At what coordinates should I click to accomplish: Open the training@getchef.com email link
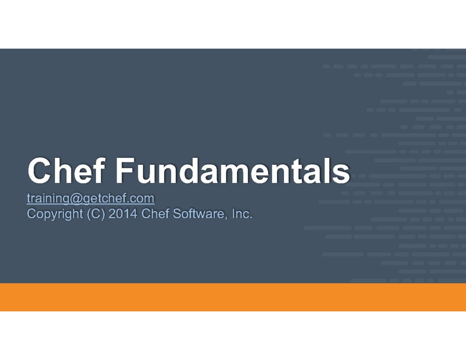pyautogui.click(x=91, y=198)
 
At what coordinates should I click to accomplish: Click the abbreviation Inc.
pyautogui.click(x=242, y=213)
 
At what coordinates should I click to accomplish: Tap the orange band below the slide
pyautogui.click(x=233, y=297)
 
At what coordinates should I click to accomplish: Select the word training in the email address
pyautogui.click(x=48, y=198)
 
